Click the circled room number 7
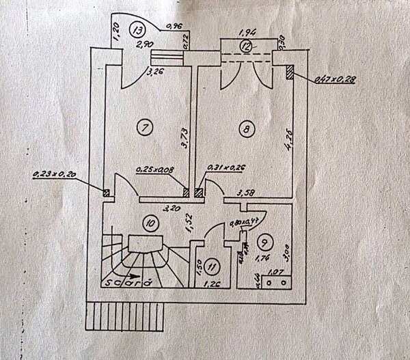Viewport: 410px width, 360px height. pyautogui.click(x=143, y=126)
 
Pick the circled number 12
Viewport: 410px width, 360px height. pyautogui.click(x=246, y=46)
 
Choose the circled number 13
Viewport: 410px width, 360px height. pyautogui.click(x=139, y=30)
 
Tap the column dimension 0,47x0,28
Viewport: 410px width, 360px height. pyautogui.click(x=336, y=81)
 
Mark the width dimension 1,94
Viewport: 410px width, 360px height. pyautogui.click(x=247, y=33)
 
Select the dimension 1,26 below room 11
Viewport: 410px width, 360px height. pyautogui.click(x=214, y=281)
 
